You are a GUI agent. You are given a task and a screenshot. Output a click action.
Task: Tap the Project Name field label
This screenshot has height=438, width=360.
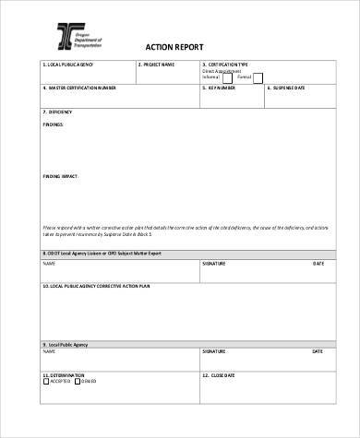coord(158,65)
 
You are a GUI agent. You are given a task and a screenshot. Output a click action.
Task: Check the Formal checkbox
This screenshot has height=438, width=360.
coord(258,78)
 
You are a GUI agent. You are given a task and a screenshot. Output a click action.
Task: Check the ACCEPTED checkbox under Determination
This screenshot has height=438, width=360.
coord(46,383)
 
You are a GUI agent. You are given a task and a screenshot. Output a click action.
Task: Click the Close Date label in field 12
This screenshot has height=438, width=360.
coord(219,375)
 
